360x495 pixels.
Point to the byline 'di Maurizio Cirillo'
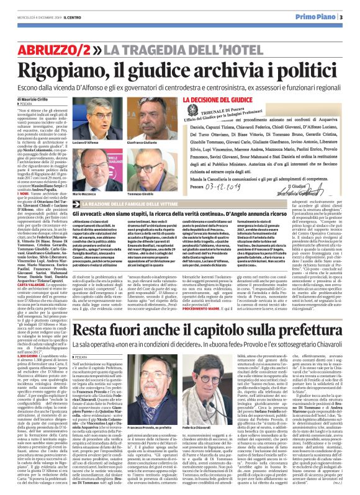click(34, 99)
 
